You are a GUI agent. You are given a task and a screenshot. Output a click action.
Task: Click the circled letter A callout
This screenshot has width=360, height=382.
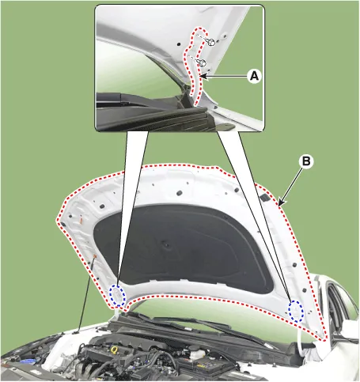point(254,76)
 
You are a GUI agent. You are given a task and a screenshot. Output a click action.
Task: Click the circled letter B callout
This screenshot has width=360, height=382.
point(306,161)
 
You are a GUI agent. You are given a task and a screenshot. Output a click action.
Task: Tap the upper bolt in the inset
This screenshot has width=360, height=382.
point(211,42)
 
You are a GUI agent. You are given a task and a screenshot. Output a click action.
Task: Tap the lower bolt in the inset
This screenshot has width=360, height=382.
point(203,63)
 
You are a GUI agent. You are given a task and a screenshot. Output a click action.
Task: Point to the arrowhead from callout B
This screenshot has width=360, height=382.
point(280,203)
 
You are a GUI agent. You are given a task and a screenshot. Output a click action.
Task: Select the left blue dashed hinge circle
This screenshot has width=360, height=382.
point(118,296)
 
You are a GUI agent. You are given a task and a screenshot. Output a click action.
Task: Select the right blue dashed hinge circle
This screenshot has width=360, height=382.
point(296,311)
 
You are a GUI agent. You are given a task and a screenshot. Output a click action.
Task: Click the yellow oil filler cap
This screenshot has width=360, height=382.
point(114,350)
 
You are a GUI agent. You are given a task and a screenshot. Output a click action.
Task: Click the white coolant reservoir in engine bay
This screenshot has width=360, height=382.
point(195,354)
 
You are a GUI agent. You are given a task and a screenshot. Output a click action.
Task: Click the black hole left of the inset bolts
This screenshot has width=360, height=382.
point(179,44)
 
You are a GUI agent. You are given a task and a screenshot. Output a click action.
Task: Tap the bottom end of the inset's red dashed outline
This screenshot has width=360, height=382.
point(195,105)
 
